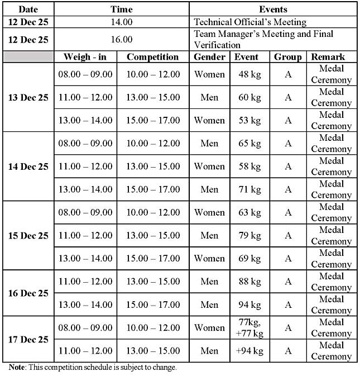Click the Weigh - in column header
click(x=85, y=56)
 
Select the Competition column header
click(x=152, y=56)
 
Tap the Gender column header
click(x=209, y=56)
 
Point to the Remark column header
click(x=328, y=56)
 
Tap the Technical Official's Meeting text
click(x=249, y=22)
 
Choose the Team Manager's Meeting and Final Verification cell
click(x=263, y=39)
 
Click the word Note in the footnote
click(x=17, y=368)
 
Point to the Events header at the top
click(x=273, y=9)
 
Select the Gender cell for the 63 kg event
click(x=209, y=212)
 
